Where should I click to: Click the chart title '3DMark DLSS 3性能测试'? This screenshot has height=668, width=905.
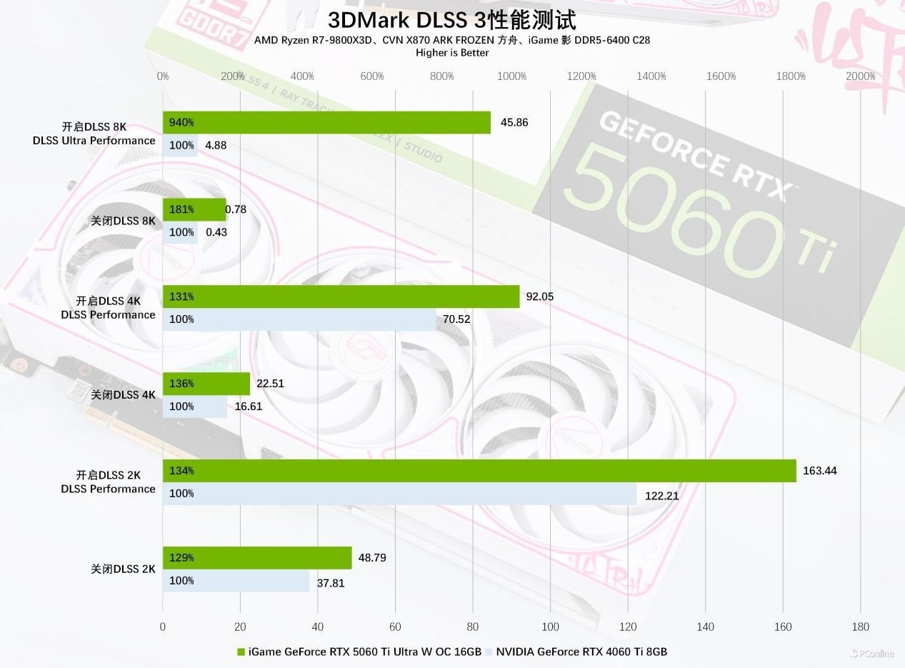[x=451, y=19]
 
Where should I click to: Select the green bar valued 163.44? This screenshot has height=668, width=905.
[x=479, y=471]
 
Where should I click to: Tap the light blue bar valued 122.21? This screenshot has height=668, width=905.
[x=399, y=494]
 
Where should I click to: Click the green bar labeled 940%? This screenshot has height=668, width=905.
[x=326, y=123]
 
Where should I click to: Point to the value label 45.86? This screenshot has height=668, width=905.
[x=514, y=123]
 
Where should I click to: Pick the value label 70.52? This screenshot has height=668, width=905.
[x=456, y=319]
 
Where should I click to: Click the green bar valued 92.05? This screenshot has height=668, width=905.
[x=341, y=296]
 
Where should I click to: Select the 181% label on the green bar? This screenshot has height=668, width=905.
[x=181, y=210]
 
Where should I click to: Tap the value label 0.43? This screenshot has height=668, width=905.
[x=216, y=232]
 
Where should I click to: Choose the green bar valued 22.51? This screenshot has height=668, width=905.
[x=206, y=384]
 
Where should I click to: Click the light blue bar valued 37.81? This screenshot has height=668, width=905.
[x=236, y=581]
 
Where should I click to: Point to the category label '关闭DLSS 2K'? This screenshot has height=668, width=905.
[x=123, y=569]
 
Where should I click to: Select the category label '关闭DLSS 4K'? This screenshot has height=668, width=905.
[x=123, y=395]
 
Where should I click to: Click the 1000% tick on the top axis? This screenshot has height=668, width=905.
[x=511, y=76]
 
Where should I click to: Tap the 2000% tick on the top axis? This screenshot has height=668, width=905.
[x=860, y=76]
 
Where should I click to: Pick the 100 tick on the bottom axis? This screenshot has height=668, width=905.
[x=550, y=627]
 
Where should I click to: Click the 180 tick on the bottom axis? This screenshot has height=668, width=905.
[x=860, y=627]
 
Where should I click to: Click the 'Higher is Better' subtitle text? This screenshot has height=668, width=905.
[x=452, y=53]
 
